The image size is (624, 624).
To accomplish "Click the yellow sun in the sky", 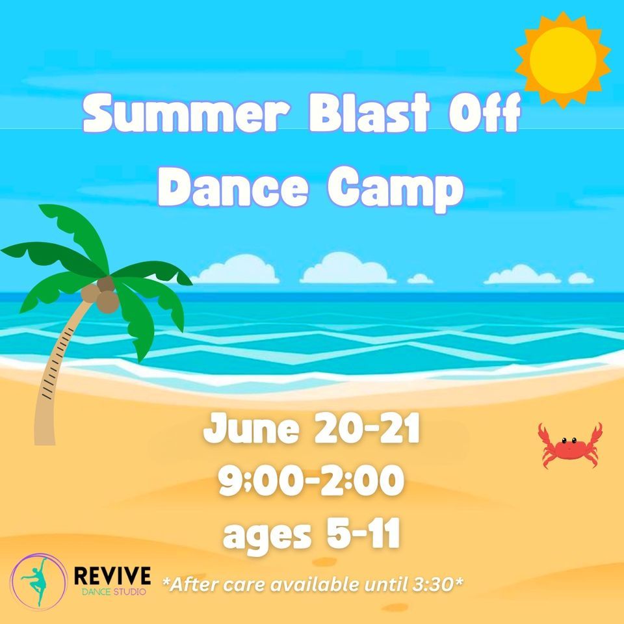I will pos(563,58).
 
